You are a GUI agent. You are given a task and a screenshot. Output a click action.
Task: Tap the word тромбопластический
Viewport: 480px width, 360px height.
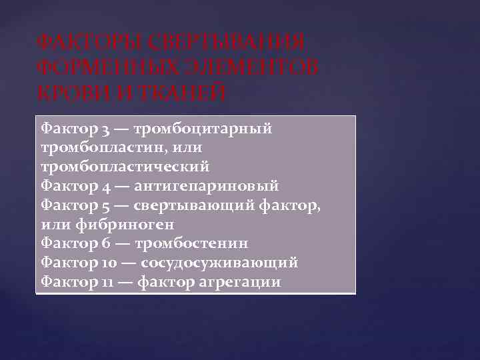point(125,163)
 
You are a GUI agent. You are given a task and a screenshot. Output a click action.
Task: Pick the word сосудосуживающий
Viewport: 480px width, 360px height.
point(219,263)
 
